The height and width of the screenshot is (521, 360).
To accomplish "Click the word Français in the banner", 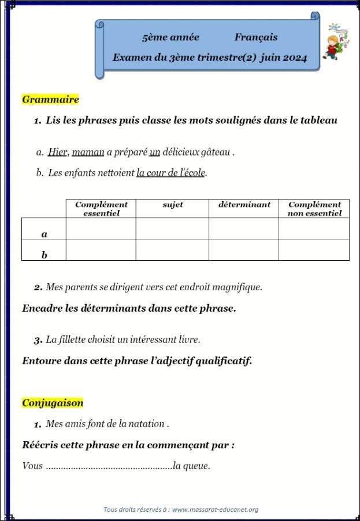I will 255,38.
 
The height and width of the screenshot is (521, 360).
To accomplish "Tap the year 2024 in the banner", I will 295,58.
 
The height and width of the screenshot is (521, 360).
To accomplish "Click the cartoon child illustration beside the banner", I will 333,42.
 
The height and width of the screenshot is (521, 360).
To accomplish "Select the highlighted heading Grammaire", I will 50,99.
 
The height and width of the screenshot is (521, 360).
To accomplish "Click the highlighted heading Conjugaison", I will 53,403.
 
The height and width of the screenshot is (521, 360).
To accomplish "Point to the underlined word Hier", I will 58,153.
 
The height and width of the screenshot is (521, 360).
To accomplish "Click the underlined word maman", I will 88,153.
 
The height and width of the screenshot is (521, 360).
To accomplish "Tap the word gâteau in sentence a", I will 215,153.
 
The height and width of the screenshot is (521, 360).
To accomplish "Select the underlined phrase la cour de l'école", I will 171,173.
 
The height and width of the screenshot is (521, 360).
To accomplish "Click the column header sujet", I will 172,205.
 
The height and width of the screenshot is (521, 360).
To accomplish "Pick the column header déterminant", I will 244,205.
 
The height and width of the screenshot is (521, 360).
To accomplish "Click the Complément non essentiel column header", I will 314,209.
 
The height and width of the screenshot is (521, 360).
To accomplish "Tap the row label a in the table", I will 44,234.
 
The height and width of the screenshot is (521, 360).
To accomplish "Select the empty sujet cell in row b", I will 172,250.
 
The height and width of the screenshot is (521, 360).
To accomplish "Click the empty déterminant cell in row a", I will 244,228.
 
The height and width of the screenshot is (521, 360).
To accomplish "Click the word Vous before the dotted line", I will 32,466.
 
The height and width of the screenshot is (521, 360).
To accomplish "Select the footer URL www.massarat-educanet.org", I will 215,509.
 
